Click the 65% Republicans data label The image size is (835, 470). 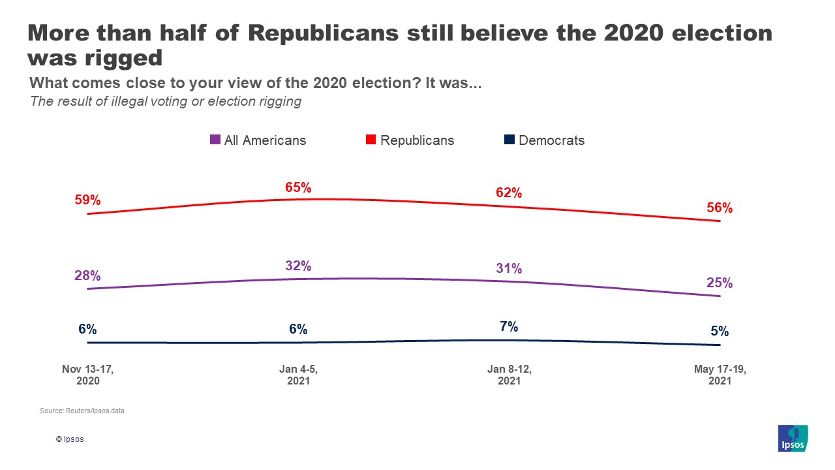tap(298, 188)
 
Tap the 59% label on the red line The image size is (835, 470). tap(88, 200)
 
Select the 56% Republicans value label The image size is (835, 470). tap(720, 208)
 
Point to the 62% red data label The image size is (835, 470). tap(509, 193)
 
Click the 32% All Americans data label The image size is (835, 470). tap(298, 266)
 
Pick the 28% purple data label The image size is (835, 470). tap(88, 275)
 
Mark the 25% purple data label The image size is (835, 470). tap(720, 283)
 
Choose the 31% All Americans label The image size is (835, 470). tap(509, 268)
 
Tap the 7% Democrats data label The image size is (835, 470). tap(509, 326)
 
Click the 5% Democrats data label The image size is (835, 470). tap(720, 332)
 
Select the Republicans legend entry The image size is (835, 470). tap(417, 140)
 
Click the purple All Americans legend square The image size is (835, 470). tap(215, 140)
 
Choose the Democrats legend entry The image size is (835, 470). tap(551, 140)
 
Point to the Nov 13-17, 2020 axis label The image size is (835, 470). tap(88, 375)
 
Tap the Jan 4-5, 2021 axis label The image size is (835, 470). tap(298, 375)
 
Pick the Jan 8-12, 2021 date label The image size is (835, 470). tap(509, 375)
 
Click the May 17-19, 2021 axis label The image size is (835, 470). tap(720, 375)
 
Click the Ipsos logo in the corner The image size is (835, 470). tap(793, 438)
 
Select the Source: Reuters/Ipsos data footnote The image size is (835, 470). tap(82, 411)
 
